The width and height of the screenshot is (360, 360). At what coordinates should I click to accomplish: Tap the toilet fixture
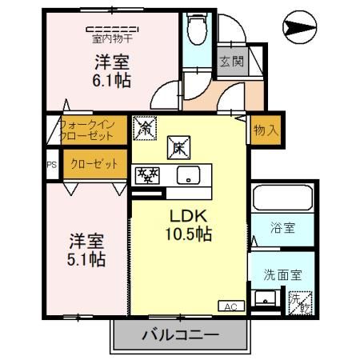click(x=196, y=32)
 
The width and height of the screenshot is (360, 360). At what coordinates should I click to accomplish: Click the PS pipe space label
click(x=51, y=165)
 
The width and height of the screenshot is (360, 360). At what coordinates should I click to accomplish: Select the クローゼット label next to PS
click(x=86, y=165)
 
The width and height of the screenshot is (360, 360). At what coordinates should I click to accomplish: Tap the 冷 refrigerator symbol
click(x=145, y=126)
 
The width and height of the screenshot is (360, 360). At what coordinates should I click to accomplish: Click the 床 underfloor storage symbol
click(x=177, y=146)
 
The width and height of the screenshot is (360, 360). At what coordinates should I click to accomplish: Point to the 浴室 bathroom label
click(x=283, y=228)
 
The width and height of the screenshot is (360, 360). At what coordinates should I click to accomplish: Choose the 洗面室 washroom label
click(x=282, y=274)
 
